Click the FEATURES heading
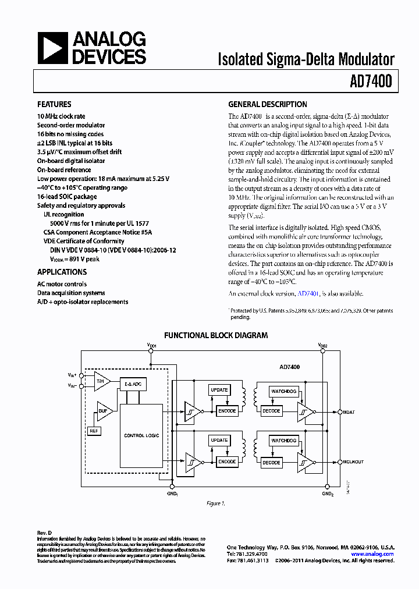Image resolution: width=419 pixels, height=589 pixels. (54, 105)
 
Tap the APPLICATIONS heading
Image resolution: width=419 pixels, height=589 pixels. (62, 272)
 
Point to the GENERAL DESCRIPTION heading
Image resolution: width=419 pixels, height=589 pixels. (267, 105)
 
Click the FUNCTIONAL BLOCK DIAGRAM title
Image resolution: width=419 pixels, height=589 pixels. (215, 335)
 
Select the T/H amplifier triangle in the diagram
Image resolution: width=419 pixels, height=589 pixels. (102, 381)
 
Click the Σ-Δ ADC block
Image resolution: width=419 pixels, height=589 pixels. (133, 384)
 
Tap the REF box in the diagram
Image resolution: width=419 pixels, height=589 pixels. (94, 431)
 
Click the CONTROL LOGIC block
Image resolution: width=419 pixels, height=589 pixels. (141, 435)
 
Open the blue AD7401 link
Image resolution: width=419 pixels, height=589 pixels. (308, 293)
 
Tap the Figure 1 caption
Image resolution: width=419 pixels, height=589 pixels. (215, 503)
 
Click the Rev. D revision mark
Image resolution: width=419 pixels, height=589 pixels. (45, 533)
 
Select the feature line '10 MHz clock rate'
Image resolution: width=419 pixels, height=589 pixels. (61, 116)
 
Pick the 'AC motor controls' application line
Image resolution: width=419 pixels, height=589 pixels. (62, 284)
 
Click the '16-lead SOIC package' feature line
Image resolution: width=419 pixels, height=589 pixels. (67, 197)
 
